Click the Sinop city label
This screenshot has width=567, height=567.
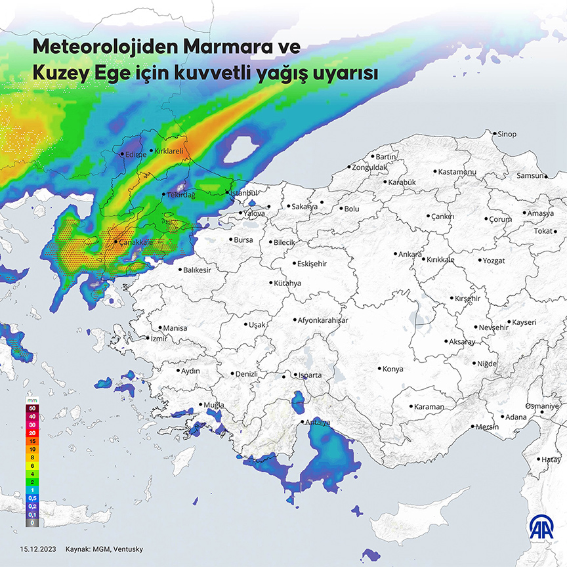tap(507, 135)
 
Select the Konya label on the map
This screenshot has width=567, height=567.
tap(393, 369)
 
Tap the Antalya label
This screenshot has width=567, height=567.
tap(318, 423)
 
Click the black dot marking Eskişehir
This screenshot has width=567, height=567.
tap(292, 263)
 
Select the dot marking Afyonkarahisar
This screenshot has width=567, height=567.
tap(294, 320)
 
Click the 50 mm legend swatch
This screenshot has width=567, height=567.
tap(31, 408)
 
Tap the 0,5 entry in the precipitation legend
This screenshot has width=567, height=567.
tap(31, 498)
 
